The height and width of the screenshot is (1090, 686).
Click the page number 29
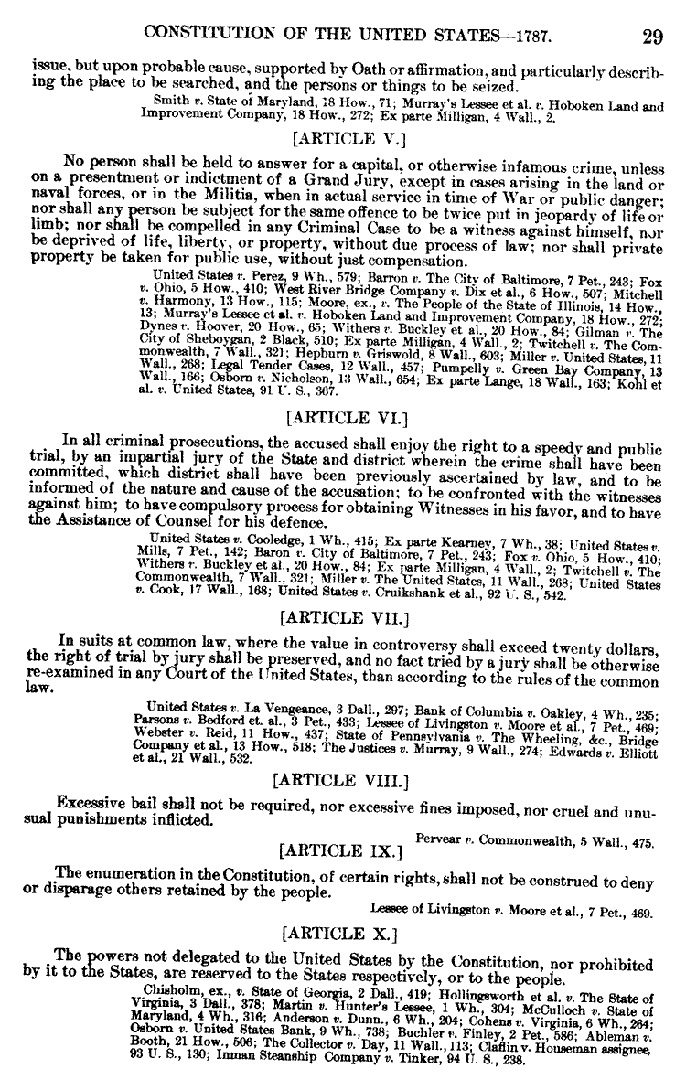pos(652,37)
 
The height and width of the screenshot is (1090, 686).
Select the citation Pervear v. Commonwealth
pos(535,839)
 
